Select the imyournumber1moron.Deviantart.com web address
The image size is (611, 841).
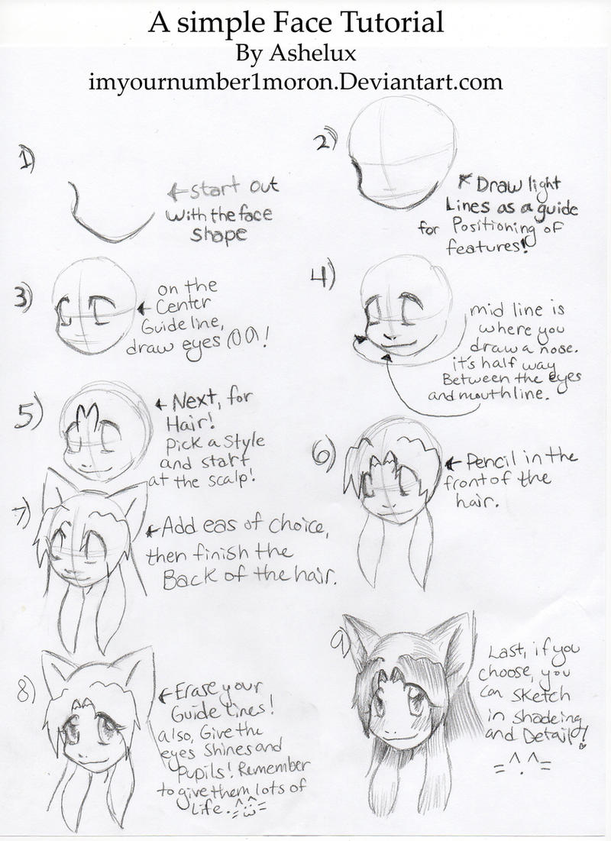point(296,82)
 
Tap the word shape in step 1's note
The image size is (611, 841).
point(219,236)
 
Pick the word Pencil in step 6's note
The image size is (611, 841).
point(490,460)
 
